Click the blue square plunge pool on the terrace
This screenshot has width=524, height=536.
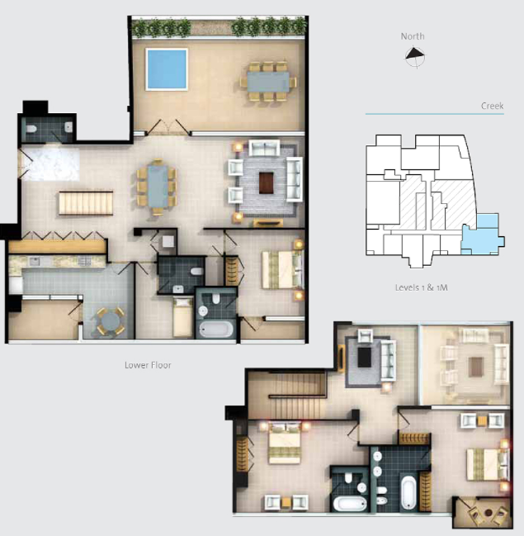[167, 69]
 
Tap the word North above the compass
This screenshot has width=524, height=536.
[413, 36]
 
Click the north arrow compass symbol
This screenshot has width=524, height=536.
[415, 56]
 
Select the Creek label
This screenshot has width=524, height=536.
[492, 106]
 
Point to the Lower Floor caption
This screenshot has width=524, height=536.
[148, 365]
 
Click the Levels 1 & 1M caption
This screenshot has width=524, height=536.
[421, 287]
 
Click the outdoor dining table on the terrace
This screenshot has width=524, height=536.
[268, 82]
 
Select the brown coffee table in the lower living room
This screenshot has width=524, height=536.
[266, 183]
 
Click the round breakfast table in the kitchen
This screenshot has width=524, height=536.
[111, 321]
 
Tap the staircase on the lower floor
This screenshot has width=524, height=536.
[86, 203]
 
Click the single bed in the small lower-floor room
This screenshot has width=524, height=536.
[182, 318]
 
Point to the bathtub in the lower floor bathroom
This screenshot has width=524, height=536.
[216, 330]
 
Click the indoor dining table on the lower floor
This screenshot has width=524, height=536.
[158, 187]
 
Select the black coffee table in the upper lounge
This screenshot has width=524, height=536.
[365, 357]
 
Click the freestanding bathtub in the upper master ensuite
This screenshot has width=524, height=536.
[408, 492]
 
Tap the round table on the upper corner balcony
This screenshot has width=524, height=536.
[489, 512]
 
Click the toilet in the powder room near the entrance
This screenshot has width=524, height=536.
[31, 129]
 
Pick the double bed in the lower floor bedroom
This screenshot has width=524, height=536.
[282, 270]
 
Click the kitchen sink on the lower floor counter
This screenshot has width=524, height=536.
[34, 262]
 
